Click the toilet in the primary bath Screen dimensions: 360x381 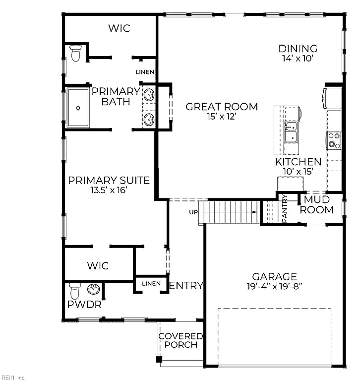click(x=75, y=53)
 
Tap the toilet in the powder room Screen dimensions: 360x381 click(x=74, y=291)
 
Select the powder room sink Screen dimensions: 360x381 click(x=94, y=289)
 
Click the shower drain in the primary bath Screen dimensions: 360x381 click(x=78, y=108)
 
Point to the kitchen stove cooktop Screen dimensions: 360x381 click(x=334, y=140)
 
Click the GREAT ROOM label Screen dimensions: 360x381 click(x=222, y=107)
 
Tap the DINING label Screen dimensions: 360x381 click(x=298, y=49)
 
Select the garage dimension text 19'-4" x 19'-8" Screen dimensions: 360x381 click(x=275, y=287)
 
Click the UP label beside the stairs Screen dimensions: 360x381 click(x=193, y=212)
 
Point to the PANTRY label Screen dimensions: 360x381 click(x=285, y=209)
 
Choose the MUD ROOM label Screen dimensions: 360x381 click(x=316, y=204)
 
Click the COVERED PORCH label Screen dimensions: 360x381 click(x=180, y=340)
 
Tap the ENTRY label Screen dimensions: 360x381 click(x=186, y=286)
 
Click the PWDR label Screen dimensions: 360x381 click(x=84, y=305)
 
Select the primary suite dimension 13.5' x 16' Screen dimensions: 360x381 click(x=109, y=190)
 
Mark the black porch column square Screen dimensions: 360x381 click(x=159, y=359)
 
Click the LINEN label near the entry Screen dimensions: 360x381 click(x=151, y=284)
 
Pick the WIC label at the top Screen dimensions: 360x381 click(x=120, y=28)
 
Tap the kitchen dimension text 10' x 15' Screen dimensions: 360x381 click(x=298, y=172)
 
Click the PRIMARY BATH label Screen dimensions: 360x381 click(x=116, y=96)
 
